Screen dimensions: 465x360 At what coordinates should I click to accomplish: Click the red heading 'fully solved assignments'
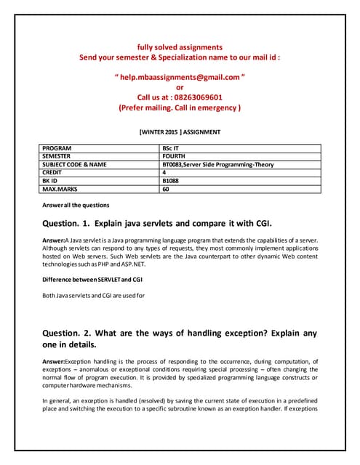pos(180,46)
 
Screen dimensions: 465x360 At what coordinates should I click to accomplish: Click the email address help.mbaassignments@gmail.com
pos(180,76)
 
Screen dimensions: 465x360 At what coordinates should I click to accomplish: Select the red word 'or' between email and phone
pos(180,86)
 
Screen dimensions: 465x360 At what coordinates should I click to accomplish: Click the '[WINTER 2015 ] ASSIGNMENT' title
pos(180,132)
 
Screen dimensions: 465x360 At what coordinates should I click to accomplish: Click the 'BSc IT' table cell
pos(172,148)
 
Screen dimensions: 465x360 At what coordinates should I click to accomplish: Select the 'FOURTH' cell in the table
pos(175,156)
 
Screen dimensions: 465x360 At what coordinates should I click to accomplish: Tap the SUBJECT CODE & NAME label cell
pos(74,164)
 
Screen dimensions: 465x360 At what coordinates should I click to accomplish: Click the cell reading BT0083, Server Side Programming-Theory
pos(218,164)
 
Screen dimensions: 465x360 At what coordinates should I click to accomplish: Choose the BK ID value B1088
pos(172,180)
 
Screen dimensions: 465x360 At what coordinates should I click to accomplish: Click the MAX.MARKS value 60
pos(167,188)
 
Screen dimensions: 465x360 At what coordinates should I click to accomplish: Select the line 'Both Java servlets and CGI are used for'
pos(94,296)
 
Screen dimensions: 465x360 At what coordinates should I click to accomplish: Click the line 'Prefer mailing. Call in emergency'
pos(180,108)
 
